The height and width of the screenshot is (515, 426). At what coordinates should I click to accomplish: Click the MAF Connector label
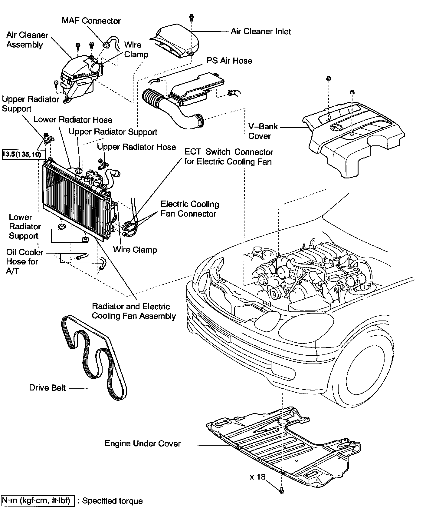91,21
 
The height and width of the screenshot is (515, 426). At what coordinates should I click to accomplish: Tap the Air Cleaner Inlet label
261,32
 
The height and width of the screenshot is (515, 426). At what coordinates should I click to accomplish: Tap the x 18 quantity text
257,477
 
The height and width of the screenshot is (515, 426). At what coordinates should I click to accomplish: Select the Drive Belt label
47,388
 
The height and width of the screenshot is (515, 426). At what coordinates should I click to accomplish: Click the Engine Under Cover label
143,444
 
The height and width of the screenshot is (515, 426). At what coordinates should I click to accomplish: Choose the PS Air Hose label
229,61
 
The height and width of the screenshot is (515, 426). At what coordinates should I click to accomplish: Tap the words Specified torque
112,501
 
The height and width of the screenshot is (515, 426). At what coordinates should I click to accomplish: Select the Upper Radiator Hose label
136,147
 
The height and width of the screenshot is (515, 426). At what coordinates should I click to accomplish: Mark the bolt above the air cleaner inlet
191,17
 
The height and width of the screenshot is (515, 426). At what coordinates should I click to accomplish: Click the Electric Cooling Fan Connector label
190,209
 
